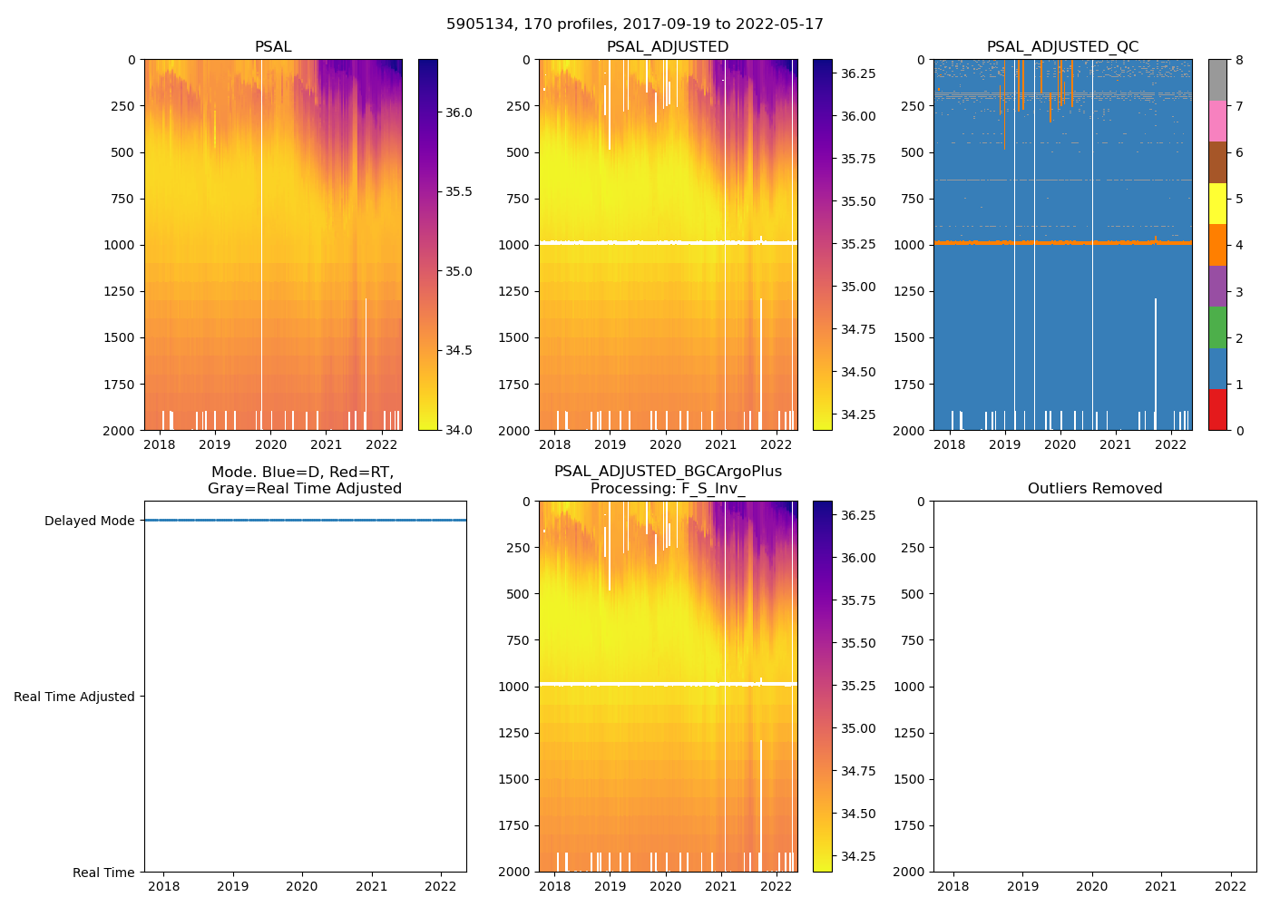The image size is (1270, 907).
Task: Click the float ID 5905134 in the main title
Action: [477, 24]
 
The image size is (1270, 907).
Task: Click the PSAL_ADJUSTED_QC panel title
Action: [1062, 47]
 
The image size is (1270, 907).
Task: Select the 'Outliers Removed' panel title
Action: [1094, 489]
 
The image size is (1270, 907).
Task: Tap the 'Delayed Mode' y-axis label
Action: [89, 521]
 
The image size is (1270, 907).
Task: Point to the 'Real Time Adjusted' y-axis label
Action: [74, 697]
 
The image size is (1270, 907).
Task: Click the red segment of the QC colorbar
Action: [1217, 409]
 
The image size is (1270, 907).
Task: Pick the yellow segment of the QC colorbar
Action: [1217, 203]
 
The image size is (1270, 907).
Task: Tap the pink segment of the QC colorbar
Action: [1217, 121]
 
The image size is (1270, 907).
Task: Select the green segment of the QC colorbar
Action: [1217, 327]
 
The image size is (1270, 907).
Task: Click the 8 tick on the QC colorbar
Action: [1238, 60]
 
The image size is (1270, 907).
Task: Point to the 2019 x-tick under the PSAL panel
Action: [215, 444]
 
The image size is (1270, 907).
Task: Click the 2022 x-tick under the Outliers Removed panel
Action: [1231, 886]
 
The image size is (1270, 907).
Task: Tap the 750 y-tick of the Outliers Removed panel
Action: [913, 640]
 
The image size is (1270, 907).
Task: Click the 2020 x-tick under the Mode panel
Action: [302, 886]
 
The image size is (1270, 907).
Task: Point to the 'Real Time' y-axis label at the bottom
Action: [103, 873]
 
